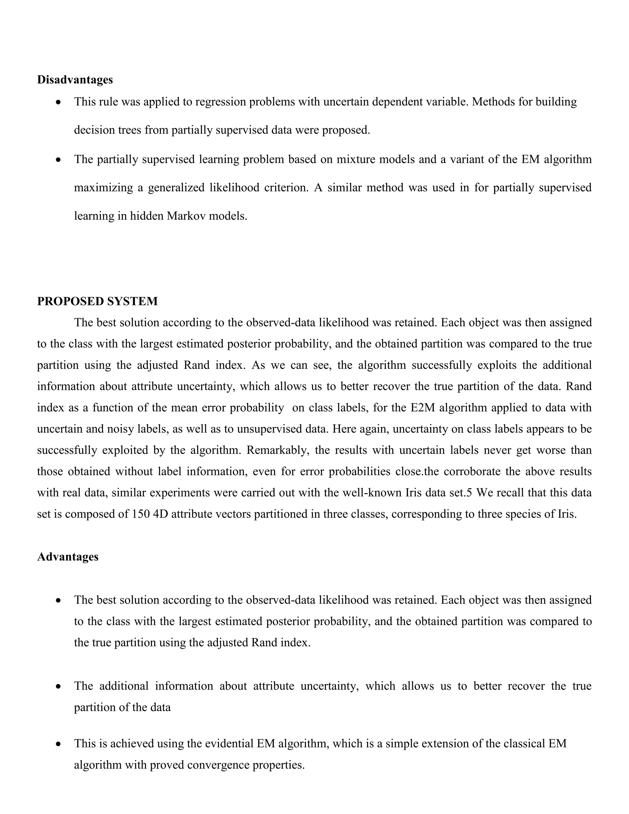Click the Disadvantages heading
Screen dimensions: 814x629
(x=75, y=80)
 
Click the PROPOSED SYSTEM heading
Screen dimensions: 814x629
(x=97, y=301)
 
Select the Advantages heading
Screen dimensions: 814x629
(x=68, y=557)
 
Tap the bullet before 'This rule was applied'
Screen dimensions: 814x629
(x=58, y=102)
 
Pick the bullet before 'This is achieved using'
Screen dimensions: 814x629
(x=58, y=744)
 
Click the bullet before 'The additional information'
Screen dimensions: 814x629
(x=58, y=686)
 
